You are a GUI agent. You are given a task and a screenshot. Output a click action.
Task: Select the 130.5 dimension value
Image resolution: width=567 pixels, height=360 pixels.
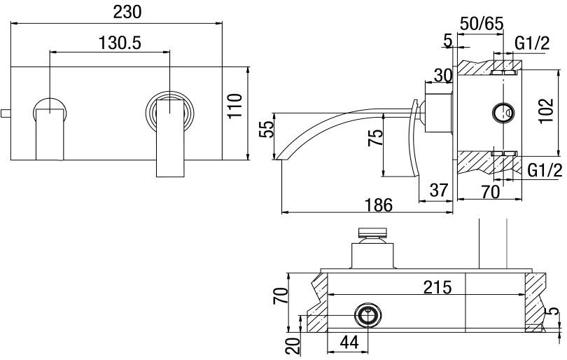[x=118, y=42]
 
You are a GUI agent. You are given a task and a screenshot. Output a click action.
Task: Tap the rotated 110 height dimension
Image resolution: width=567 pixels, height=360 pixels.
[x=235, y=106]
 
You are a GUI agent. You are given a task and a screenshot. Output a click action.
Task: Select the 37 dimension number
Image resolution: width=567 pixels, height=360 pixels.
[x=438, y=189]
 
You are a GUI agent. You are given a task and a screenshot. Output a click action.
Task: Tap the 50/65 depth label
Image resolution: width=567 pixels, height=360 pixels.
[x=482, y=23]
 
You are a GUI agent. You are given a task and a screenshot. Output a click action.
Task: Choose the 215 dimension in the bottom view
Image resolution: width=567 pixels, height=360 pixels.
[x=437, y=286]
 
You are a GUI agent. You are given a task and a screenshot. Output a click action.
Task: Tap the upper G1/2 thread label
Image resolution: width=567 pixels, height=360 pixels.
[x=532, y=43]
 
